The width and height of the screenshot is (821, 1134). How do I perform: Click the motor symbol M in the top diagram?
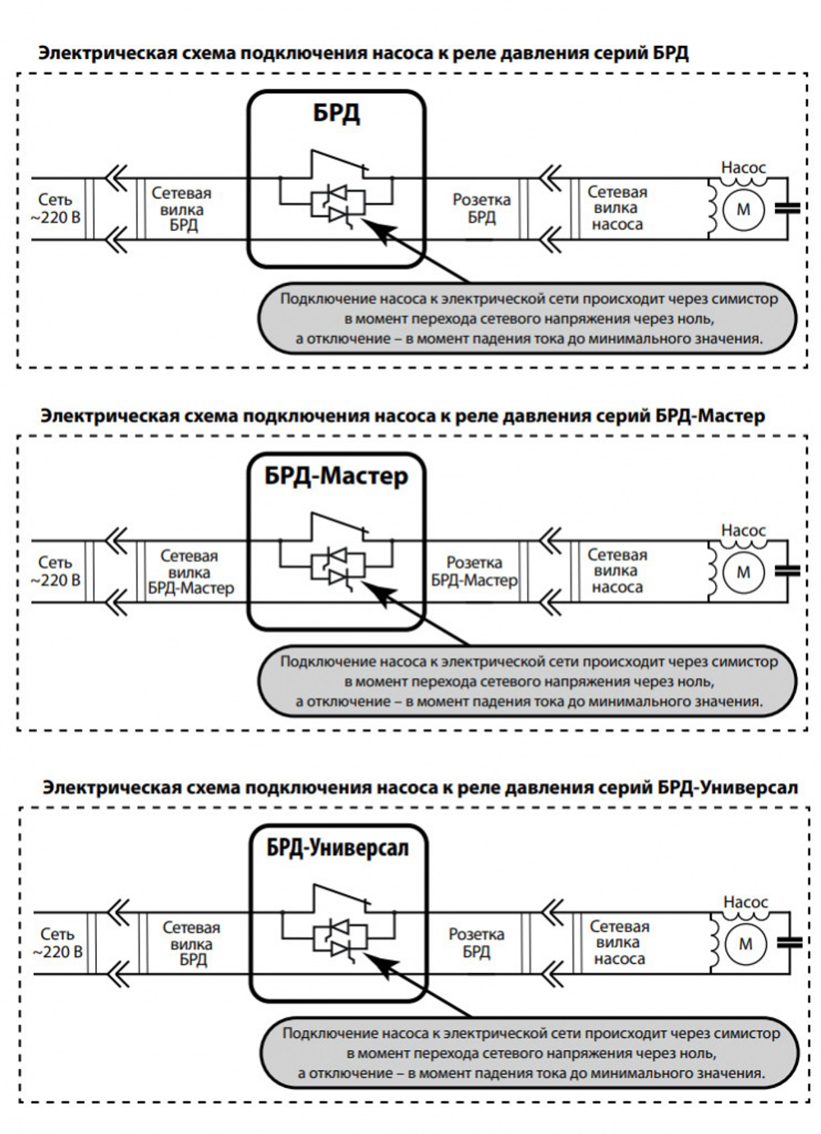(743, 210)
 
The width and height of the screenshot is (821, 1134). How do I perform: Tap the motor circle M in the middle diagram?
(743, 573)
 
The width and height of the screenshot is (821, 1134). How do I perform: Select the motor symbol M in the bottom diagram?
(745, 944)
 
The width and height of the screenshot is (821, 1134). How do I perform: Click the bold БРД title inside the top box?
(337, 113)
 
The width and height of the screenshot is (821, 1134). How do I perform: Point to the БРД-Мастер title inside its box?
(336, 476)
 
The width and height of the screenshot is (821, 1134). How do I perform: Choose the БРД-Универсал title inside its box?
(337, 847)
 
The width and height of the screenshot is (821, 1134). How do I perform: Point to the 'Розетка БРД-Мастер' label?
(475, 571)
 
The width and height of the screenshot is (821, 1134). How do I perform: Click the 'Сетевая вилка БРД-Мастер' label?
(190, 572)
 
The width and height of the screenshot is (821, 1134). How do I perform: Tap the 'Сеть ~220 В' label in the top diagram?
(56, 209)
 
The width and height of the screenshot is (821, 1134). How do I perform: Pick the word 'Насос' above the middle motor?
(743, 531)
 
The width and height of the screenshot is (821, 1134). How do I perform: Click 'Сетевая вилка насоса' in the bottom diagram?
(619, 943)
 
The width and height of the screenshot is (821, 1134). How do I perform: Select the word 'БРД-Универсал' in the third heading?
(727, 787)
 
